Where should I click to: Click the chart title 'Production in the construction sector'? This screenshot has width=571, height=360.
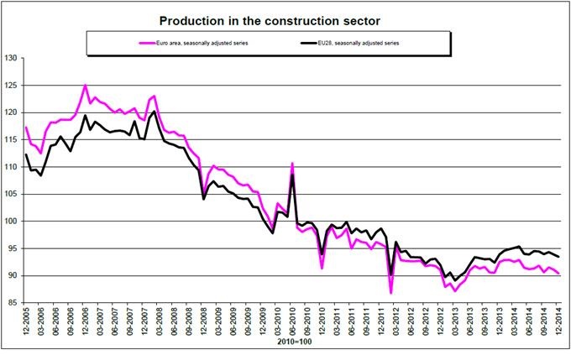coord(285,17)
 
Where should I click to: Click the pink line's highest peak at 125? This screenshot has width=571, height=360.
coord(85,86)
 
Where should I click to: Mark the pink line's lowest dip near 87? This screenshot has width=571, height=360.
coord(391,292)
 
